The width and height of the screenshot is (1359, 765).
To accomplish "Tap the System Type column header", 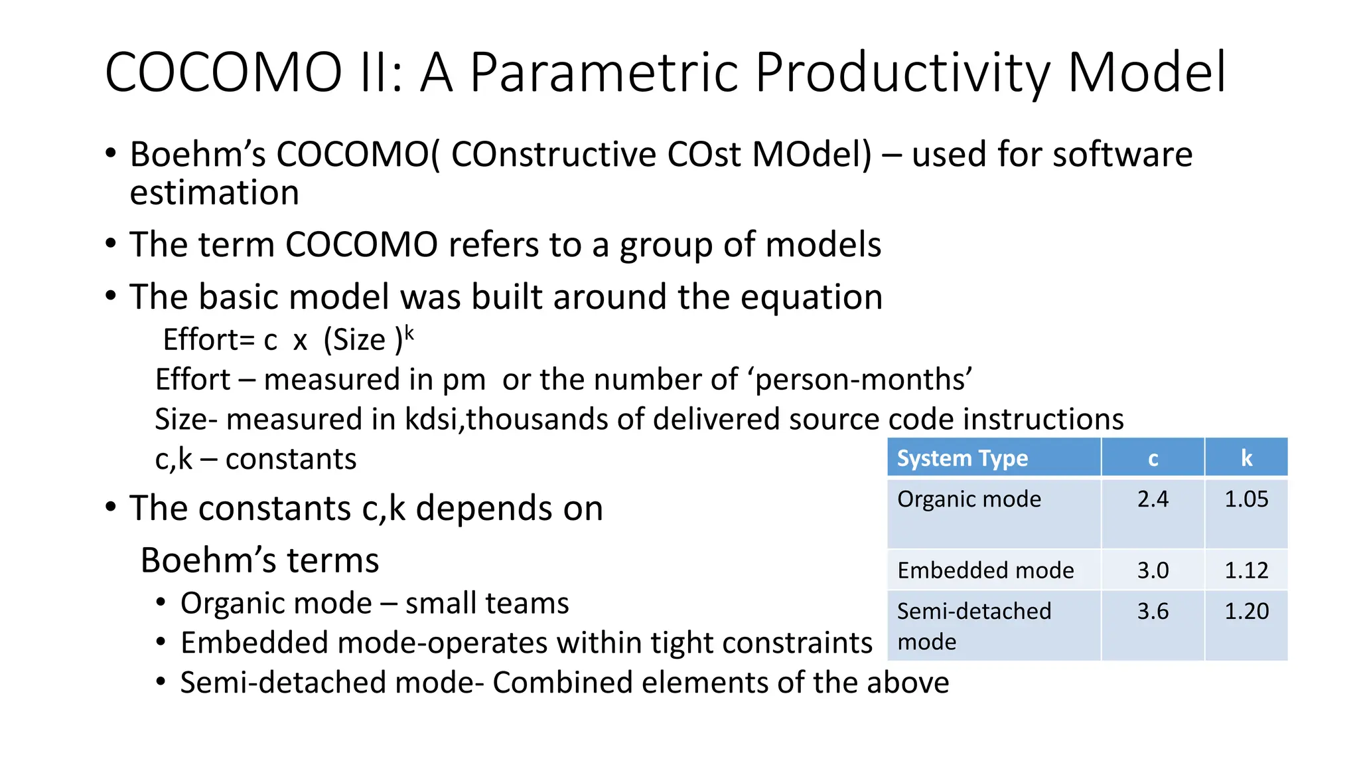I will (962, 458).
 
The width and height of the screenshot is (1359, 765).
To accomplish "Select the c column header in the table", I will (1153, 458).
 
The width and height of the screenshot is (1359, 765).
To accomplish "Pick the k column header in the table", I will (1246, 458).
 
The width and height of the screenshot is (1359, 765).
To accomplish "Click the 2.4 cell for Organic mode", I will (1153, 499).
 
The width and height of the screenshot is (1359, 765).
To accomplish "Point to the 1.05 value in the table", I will (1246, 499).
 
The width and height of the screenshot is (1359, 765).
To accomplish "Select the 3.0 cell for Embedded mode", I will (1153, 570).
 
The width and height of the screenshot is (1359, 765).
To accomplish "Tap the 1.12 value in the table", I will (1246, 570).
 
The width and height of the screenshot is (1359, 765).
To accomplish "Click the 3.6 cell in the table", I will (1153, 611).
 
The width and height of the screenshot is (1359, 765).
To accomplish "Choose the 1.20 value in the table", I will (1246, 611).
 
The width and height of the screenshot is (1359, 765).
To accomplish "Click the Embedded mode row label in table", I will (985, 570).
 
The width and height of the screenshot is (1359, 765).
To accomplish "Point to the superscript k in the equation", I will (409, 333).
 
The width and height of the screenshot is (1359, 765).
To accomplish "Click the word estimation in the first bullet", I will (214, 193).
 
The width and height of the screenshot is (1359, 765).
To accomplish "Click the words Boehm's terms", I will (259, 560).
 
